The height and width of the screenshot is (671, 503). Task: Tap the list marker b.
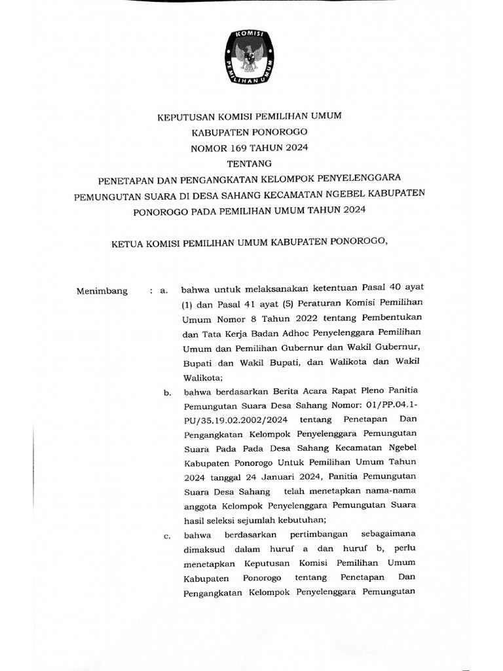(168, 393)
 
